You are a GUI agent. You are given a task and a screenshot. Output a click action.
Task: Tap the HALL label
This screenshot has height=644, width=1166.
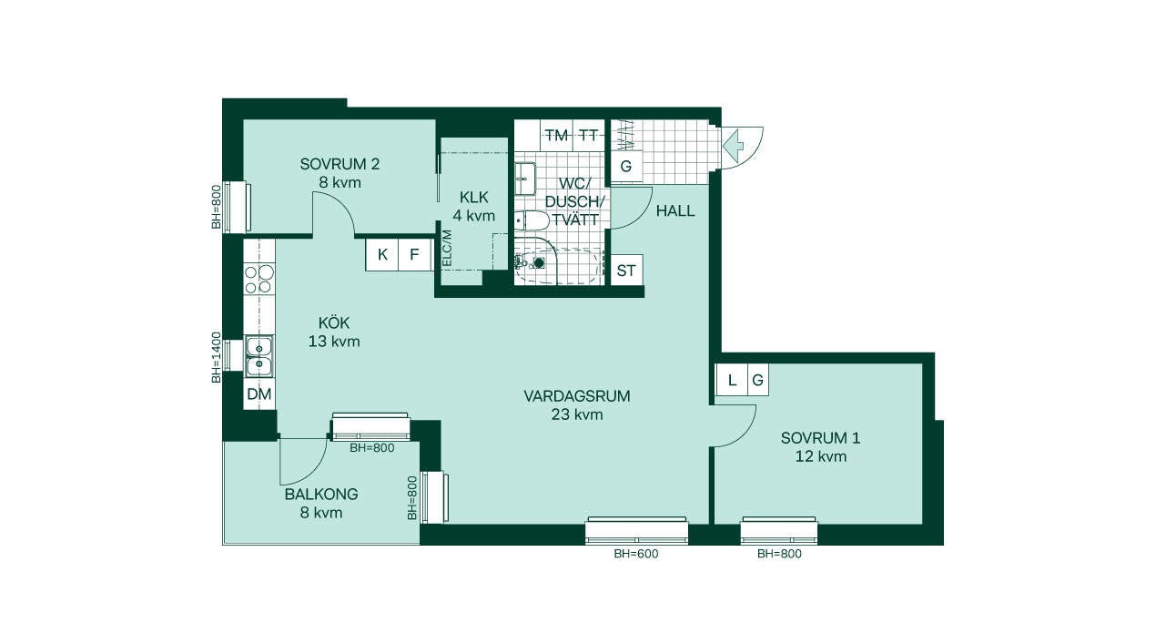click(x=675, y=211)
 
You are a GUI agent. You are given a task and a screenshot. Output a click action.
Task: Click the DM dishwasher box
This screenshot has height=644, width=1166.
click(x=259, y=394)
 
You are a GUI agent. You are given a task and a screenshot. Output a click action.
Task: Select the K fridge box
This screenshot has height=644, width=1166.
click(x=382, y=255)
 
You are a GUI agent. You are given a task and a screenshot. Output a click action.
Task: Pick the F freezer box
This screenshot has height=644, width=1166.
click(x=415, y=255)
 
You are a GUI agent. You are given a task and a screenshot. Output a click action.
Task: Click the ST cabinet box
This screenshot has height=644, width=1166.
click(x=626, y=271)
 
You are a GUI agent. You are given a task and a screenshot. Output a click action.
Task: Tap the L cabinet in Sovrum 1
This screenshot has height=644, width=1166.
click(x=732, y=380)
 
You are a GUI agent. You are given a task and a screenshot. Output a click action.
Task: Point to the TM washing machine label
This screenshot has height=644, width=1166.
click(x=557, y=136)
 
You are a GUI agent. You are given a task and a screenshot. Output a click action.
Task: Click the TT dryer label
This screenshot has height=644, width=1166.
click(x=589, y=136)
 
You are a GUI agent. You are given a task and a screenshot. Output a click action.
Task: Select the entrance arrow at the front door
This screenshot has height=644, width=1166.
click(x=734, y=144)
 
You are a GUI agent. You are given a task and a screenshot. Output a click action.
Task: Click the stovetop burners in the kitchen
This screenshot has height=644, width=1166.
click(x=259, y=279)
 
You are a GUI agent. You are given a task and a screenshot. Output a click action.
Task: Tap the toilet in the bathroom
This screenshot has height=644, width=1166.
click(x=531, y=221)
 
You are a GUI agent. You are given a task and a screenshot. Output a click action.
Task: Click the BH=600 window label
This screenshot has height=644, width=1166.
click(x=635, y=554)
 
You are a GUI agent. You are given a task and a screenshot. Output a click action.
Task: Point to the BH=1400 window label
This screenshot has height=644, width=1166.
click(x=217, y=357)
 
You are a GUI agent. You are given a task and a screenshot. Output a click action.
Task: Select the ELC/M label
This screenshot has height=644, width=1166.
click(x=447, y=248)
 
